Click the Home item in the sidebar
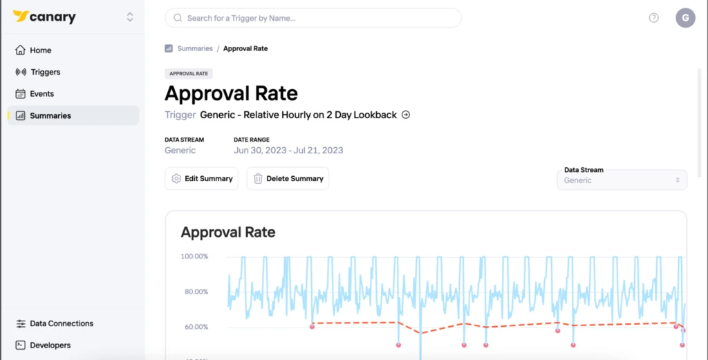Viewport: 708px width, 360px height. tap(33, 50)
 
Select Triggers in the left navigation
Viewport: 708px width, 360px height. tap(38, 72)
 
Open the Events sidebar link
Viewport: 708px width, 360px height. tap(35, 94)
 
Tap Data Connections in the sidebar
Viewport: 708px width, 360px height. tap(54, 323)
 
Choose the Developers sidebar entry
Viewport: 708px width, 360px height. tap(43, 345)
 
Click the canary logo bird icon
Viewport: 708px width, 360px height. tap(20, 17)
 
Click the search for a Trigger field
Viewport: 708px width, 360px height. tap(313, 18)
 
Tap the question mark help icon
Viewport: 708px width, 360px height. tap(653, 18)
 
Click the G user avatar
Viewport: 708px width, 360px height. tap(685, 18)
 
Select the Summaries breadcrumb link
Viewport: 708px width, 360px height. tap(194, 48)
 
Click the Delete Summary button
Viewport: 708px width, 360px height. tap(288, 179)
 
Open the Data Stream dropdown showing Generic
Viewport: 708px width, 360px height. tap(622, 180)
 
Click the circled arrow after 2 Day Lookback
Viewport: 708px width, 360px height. tap(406, 115)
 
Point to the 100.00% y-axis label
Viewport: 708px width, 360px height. tap(194, 256)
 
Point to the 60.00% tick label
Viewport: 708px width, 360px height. tap(196, 327)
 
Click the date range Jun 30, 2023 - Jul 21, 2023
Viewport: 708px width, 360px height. tap(288, 150)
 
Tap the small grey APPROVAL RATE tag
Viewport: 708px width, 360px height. tap(189, 73)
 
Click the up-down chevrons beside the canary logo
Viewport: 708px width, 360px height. tap(130, 17)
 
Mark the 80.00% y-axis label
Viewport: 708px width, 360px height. tap(196, 292)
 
